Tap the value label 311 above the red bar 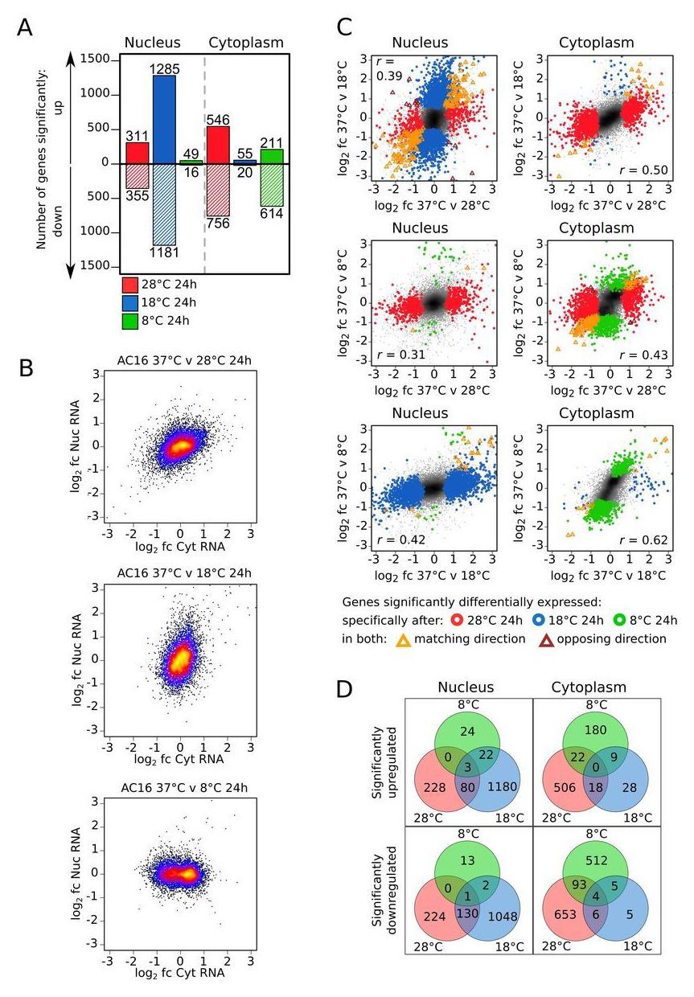coord(138,135)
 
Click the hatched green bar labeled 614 coord(272,185)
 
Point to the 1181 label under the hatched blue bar coord(165,253)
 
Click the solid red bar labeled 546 coord(218,145)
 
